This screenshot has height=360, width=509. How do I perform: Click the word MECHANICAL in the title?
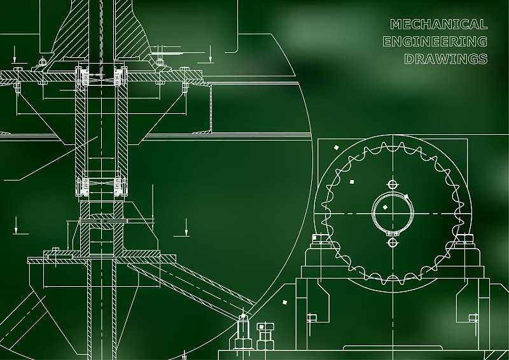coord(438,24)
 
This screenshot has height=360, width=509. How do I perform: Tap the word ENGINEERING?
coord(435,41)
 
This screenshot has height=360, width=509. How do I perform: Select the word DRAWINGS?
coord(446,59)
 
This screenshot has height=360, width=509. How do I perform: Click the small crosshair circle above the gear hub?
coord(393,184)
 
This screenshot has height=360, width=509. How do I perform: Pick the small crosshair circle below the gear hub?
coord(393,242)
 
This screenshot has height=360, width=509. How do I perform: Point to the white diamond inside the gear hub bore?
coord(385,207)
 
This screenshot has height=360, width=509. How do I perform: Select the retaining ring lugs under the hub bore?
coord(393,233)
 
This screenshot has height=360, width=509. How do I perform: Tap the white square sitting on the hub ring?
coord(406,197)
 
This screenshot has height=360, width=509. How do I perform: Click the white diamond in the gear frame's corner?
coord(337,148)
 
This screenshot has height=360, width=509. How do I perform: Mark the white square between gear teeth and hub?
coord(352,182)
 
